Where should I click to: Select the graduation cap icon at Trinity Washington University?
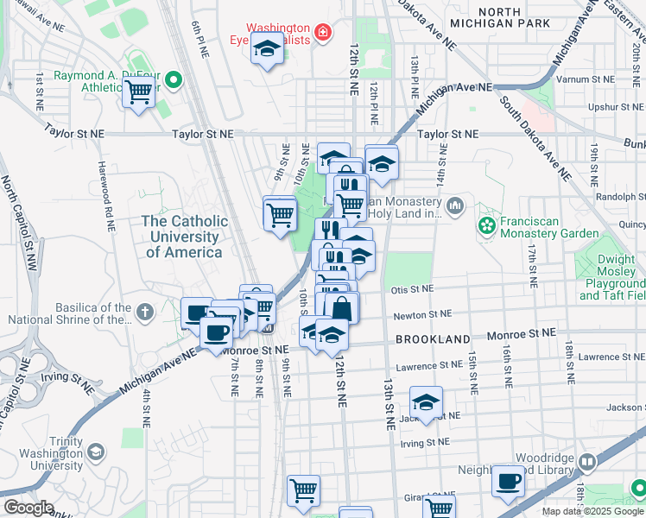click(96, 452)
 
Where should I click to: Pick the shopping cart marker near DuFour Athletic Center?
click(138, 92)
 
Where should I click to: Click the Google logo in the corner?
click(28, 507)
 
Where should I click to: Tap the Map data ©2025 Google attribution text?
click(592, 511)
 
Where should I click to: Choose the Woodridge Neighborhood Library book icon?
click(587, 463)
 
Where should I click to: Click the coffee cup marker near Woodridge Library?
click(509, 480)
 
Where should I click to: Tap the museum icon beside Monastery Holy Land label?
click(456, 205)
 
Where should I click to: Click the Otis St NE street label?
click(410, 291)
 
